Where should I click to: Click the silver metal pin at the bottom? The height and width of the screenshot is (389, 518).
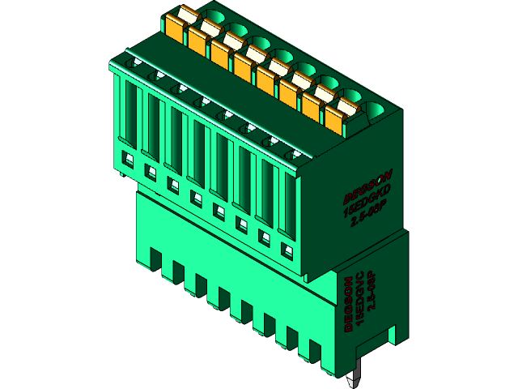click(354, 377)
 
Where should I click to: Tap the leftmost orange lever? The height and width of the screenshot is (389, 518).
click(177, 24)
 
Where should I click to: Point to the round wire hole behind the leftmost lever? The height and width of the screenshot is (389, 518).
click(216, 14)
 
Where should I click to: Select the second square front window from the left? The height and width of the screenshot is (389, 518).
click(149, 171)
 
